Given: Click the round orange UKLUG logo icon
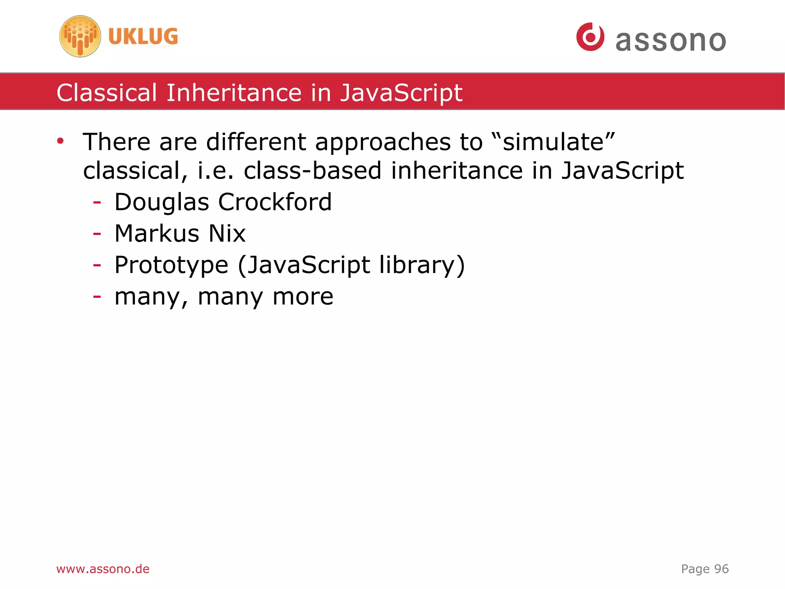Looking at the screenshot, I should pos(80,36).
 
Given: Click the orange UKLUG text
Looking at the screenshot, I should pos(143,36).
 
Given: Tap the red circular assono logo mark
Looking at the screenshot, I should pos(590,37).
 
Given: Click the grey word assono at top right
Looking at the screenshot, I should pos(670,41).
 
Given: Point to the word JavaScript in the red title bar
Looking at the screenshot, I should pos(401,93).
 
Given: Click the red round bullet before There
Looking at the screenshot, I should pos(60,141).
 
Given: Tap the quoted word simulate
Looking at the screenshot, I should pos(553,142).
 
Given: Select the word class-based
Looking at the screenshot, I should pos(312,170).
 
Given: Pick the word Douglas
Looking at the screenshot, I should pos(162,203).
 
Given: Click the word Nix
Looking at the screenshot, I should pos(227,233).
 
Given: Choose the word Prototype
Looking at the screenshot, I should pos(171,266).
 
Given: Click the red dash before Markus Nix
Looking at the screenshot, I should pos(97,233).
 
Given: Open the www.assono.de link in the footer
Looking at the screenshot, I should pos(103,569).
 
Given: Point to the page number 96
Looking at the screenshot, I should pos(721,569).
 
